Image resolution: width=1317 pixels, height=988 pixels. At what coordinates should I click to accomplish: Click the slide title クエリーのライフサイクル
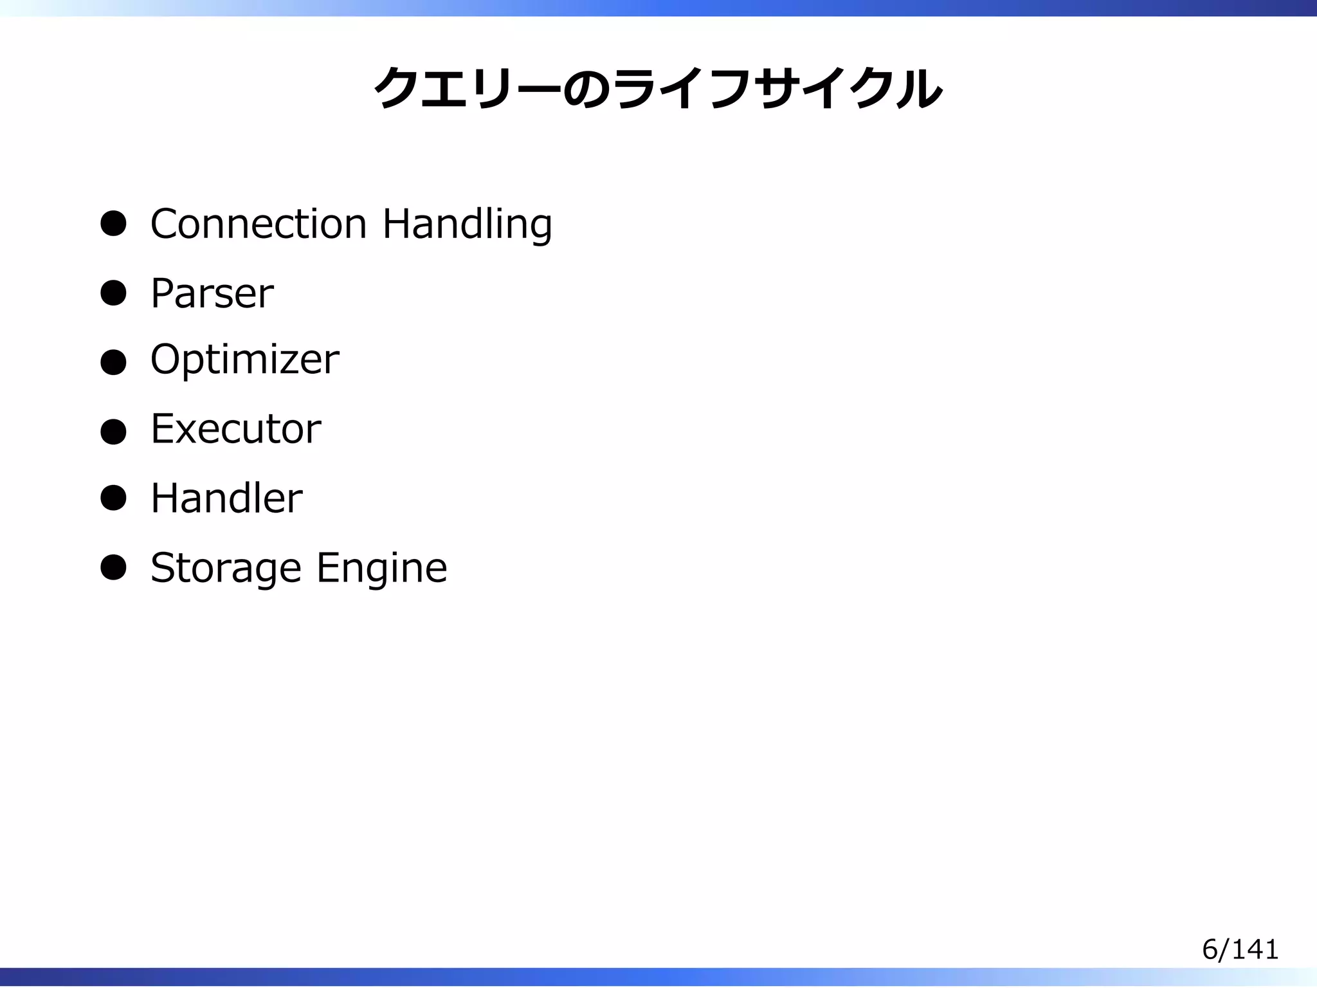tap(658, 88)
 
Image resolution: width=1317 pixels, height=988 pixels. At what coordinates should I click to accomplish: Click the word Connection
tap(259, 224)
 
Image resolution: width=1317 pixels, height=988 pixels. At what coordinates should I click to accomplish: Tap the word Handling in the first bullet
tap(467, 225)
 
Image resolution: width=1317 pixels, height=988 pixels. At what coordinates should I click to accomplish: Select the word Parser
tap(212, 293)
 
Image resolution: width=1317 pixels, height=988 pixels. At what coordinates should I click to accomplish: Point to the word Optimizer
tap(244, 360)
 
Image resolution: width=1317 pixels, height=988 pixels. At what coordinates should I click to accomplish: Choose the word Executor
tap(235, 429)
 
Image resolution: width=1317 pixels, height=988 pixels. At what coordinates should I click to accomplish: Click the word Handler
tap(226, 499)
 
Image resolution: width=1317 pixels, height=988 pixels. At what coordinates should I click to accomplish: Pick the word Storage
tap(225, 569)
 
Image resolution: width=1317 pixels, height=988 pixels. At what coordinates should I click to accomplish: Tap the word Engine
tap(381, 569)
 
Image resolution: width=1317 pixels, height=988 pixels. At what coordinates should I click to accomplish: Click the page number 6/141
tap(1240, 949)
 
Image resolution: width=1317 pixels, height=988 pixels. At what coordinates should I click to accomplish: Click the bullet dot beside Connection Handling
tap(113, 224)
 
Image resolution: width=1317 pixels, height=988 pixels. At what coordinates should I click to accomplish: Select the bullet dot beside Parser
tap(113, 293)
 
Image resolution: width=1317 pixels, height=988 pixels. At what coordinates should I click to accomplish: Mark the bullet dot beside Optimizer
tap(113, 362)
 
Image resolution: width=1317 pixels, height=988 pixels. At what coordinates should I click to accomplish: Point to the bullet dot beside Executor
tap(113, 432)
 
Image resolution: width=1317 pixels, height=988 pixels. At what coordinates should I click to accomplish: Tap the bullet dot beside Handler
tap(113, 499)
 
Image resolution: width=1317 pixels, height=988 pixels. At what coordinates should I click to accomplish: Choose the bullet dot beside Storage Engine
tap(113, 568)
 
